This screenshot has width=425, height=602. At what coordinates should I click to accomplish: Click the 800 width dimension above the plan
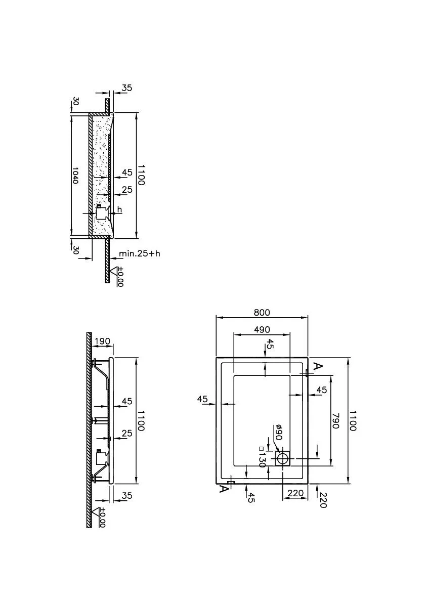[x=262, y=313]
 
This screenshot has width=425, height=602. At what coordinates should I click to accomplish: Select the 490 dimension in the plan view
[x=262, y=329]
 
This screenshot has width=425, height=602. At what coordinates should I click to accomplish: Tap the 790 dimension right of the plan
[x=335, y=421]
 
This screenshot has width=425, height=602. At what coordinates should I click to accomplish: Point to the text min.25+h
[x=139, y=253]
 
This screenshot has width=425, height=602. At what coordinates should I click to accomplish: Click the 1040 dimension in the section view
[x=75, y=175]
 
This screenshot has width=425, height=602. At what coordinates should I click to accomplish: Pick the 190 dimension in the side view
[x=102, y=341]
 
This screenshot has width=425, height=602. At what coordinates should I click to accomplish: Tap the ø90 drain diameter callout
[x=279, y=433]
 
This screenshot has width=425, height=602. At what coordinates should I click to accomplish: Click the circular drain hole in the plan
[x=284, y=458]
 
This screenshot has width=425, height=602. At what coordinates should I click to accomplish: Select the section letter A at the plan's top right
[x=318, y=367]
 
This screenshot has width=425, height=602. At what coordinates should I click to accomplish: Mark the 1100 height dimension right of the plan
[x=353, y=420]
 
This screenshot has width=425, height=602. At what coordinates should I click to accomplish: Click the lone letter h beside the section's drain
[x=119, y=209]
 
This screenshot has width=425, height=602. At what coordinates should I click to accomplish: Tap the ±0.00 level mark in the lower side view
[x=101, y=517]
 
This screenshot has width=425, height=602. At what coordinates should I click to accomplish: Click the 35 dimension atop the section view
[x=126, y=88]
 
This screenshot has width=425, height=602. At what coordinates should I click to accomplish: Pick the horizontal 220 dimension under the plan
[x=295, y=493]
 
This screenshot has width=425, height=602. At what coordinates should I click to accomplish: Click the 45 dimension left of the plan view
[x=203, y=399]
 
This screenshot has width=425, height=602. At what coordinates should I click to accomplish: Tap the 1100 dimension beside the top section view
[x=141, y=175]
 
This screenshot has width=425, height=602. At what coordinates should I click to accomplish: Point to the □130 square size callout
[x=263, y=457]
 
